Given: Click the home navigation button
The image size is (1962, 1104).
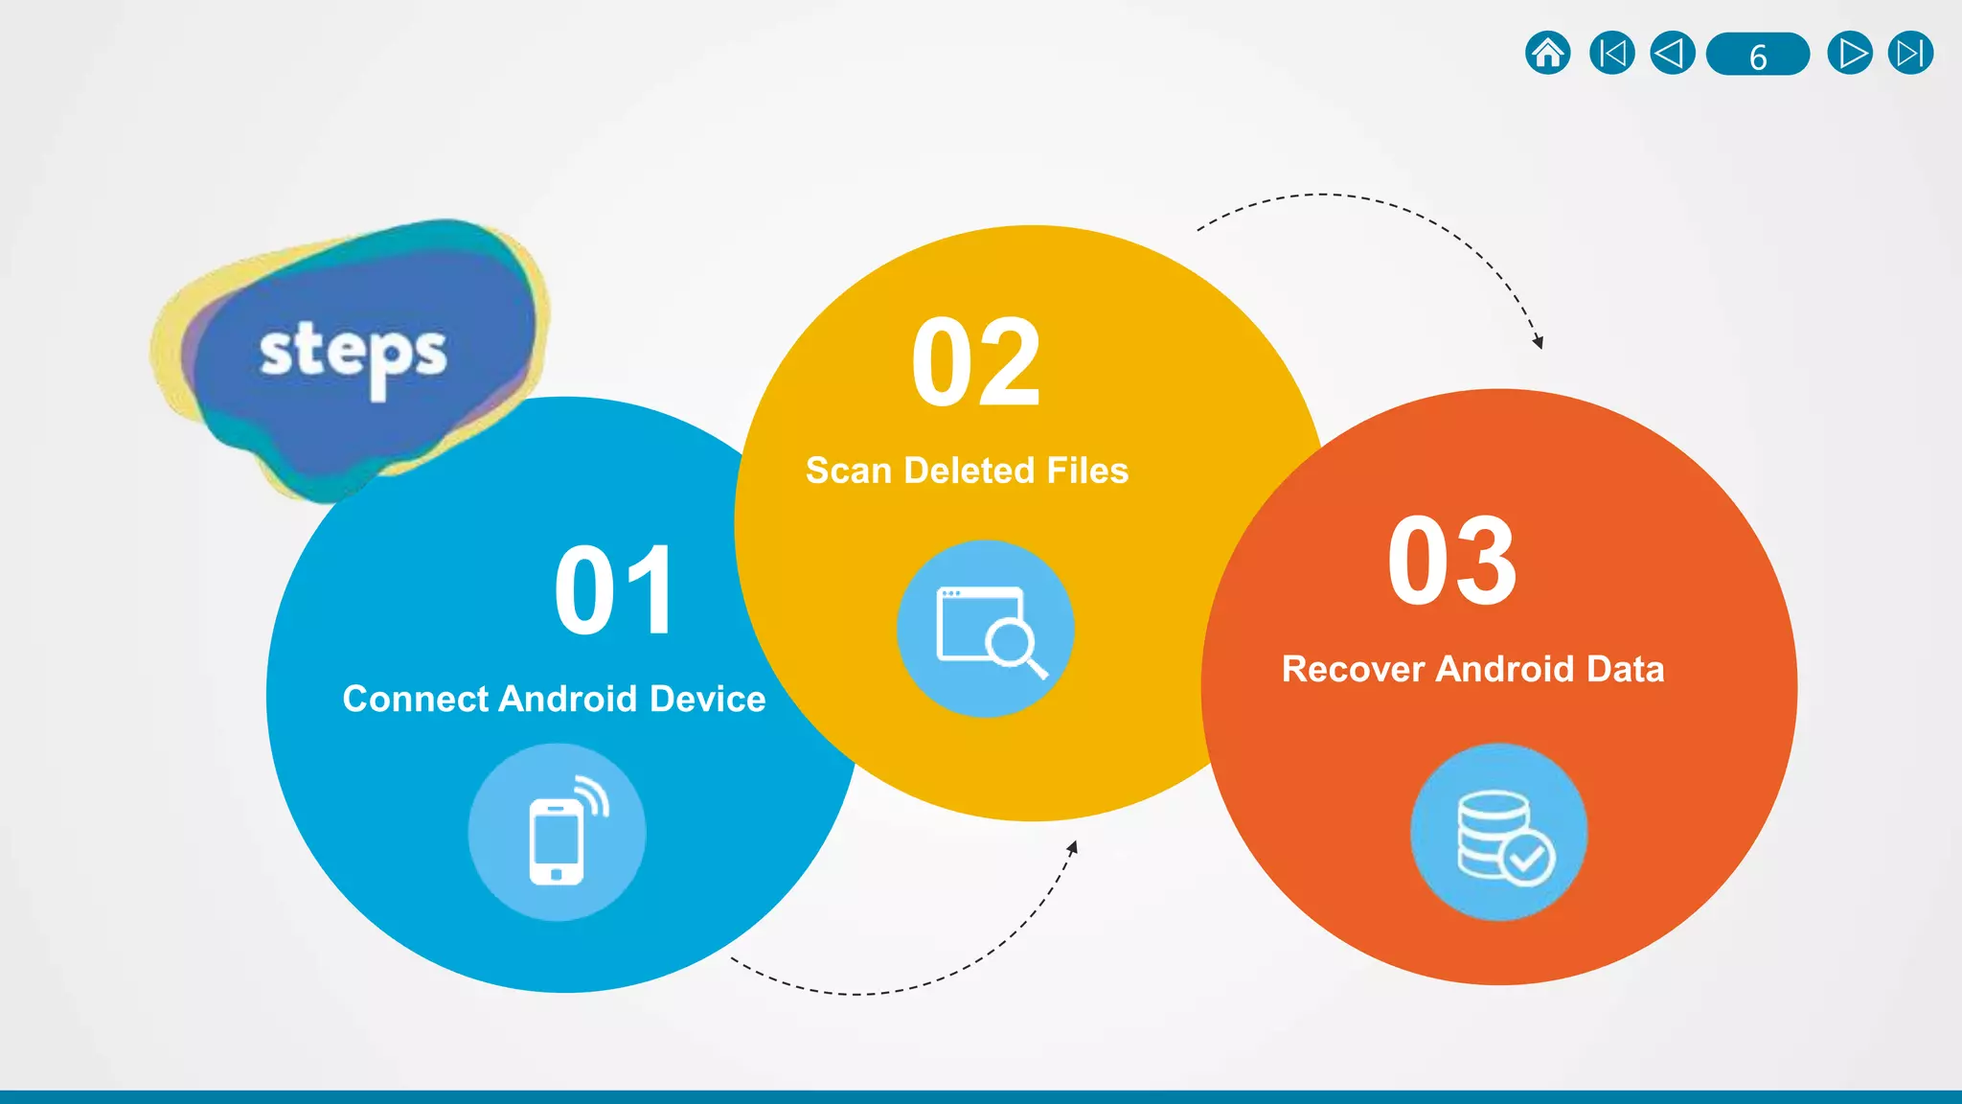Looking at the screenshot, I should point(1547,54).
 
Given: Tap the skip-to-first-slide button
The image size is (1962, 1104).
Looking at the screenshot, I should point(1611,54).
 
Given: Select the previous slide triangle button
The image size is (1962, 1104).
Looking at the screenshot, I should point(1672,54).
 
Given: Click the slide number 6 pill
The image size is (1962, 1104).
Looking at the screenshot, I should point(1758,55).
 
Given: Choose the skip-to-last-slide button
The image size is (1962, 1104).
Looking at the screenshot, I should point(1910,54).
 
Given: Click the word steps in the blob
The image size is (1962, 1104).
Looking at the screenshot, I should point(353,354).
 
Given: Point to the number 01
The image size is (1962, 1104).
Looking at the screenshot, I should point(615,590).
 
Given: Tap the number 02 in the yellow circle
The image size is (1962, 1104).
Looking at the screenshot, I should point(975,363).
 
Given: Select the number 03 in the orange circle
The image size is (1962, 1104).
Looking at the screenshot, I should point(1451,562).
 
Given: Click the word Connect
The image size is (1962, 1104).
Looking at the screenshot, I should point(417,699).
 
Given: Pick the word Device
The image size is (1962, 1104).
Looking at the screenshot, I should point(707,699).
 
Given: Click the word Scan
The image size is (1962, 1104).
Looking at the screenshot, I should point(848,471).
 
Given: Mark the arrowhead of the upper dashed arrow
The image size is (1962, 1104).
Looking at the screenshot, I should point(1538,342).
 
